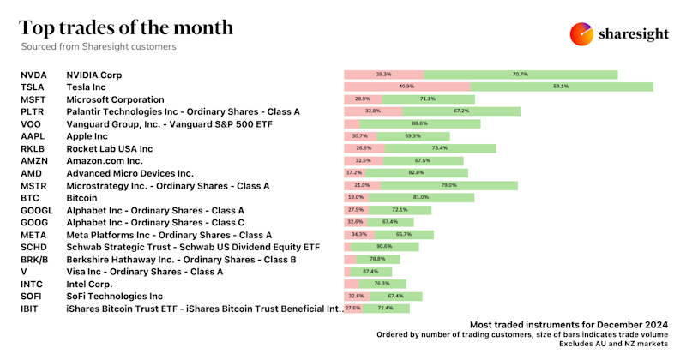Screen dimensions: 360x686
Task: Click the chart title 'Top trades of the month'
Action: (126, 27)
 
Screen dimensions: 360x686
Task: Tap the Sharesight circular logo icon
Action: (582, 33)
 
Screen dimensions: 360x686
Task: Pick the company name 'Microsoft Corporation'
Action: (117, 99)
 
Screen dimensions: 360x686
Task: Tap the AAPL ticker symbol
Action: (32, 136)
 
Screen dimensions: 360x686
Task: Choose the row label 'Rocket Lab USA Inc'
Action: (109, 148)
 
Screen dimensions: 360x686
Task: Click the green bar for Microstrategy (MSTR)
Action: (448, 185)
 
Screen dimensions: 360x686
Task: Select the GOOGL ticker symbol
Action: (36, 210)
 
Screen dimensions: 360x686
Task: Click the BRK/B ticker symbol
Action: (34, 259)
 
